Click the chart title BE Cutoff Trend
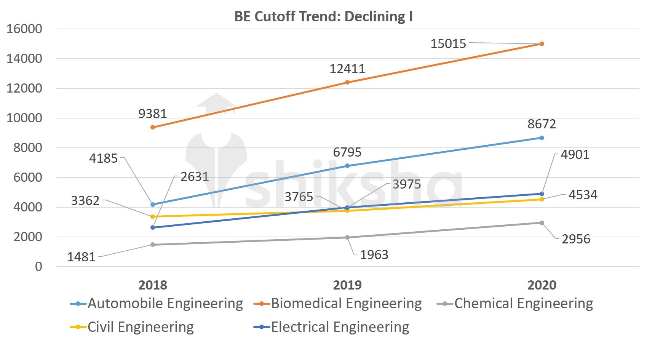point(323,17)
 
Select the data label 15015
point(448,44)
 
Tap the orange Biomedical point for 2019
point(347,82)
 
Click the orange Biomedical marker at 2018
point(153,127)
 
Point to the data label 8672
point(542,124)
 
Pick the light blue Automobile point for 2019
point(347,166)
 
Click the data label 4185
point(103,158)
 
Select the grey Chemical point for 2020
point(542,223)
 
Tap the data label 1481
point(81,257)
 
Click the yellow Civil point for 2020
point(542,199)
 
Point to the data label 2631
point(195,177)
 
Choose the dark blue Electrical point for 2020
point(542,194)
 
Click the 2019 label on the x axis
point(347,285)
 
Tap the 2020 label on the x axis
point(542,285)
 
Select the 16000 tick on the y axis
point(24,29)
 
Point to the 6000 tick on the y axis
point(27,178)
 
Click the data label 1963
point(374,254)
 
